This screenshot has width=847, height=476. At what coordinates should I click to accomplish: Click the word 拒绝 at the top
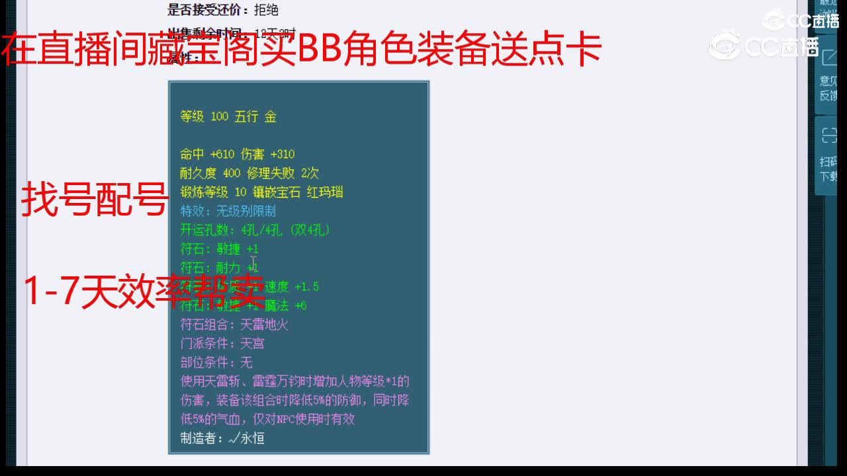point(266,9)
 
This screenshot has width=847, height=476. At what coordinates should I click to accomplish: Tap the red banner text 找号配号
point(94,200)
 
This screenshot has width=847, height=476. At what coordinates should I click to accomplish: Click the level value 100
point(219,117)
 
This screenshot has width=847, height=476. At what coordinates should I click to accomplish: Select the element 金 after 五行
point(271,117)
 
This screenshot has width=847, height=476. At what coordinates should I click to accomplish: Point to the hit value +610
point(222,155)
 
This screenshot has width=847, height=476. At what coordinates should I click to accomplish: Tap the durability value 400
point(232,173)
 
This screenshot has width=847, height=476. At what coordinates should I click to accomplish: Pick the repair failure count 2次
point(310,173)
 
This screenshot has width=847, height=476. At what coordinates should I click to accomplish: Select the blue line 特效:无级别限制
point(228,212)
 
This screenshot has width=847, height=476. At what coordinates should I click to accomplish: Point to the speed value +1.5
point(306,287)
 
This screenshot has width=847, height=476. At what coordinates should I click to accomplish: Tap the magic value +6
point(300,305)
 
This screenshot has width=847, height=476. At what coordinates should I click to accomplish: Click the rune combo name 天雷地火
point(265,325)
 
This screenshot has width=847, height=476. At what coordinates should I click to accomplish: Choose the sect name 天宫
point(252,344)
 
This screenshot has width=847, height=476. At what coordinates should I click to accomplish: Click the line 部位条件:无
point(216,362)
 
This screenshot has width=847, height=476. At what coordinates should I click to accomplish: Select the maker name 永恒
point(252,438)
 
